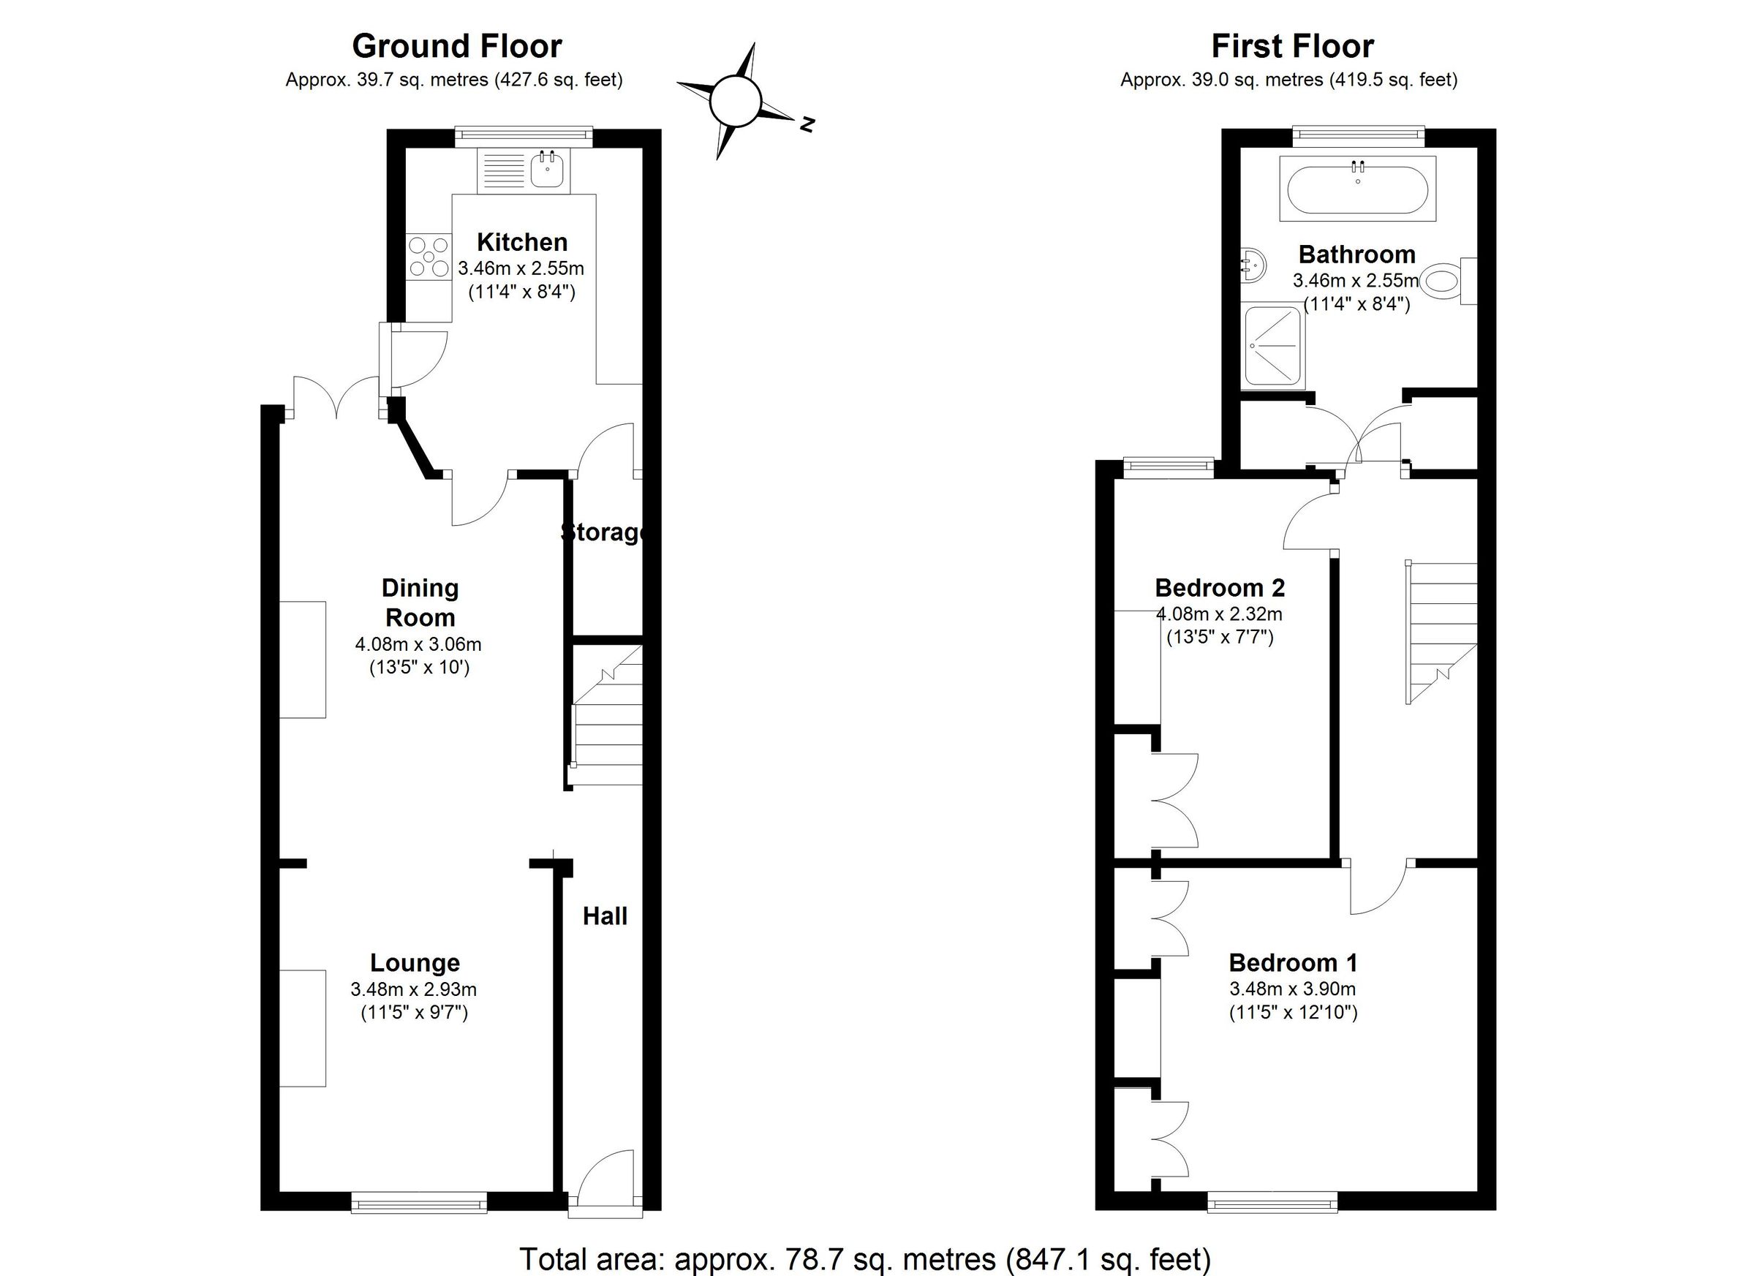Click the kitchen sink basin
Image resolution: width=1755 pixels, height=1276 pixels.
(547, 170)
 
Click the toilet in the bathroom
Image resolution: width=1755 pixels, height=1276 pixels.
(1444, 281)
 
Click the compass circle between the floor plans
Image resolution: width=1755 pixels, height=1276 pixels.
(736, 102)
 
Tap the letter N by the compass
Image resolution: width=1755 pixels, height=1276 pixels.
(807, 124)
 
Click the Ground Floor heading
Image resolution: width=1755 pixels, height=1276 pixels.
(456, 46)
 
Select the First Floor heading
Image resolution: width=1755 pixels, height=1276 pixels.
(1292, 46)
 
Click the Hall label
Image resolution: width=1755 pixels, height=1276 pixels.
(604, 916)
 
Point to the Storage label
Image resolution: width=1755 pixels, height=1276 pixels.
(603, 532)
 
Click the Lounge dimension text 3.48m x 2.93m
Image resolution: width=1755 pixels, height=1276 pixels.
(413, 989)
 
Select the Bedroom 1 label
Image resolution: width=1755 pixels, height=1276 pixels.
(1292, 962)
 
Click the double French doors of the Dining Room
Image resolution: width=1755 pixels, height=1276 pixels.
(336, 399)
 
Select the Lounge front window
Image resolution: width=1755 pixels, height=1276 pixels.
(418, 1202)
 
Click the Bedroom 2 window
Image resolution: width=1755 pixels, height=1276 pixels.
(1169, 465)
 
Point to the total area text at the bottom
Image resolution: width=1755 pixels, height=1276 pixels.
(864, 1259)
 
